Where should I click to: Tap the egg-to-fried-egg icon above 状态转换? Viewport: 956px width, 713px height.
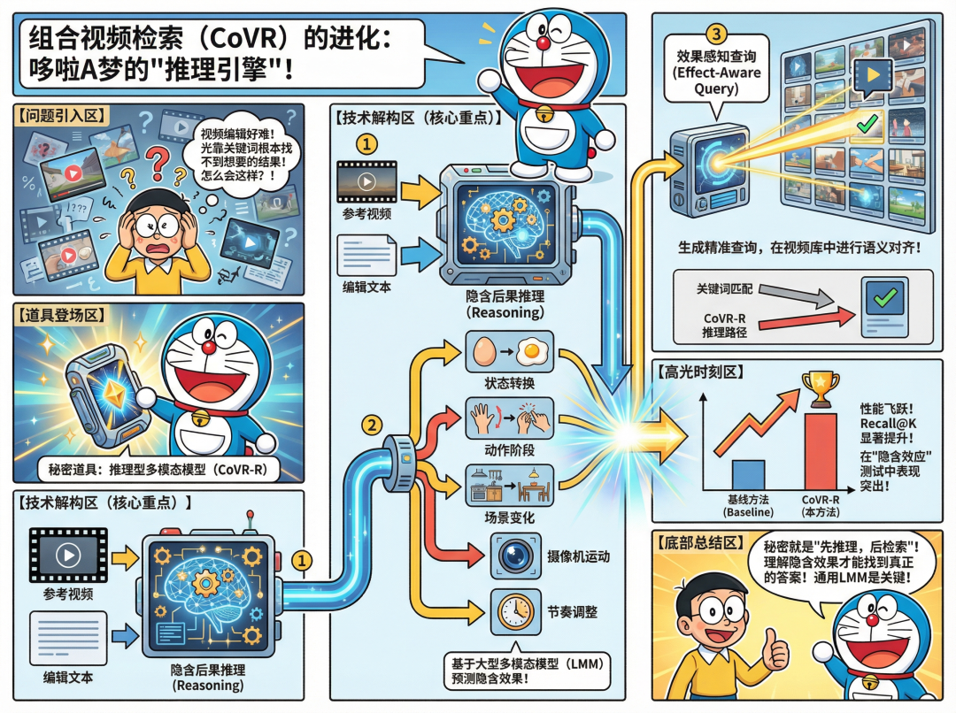pyautogui.click(x=509, y=352)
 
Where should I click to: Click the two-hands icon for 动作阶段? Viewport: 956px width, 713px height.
pyautogui.click(x=509, y=418)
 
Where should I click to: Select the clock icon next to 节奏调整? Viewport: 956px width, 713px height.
pyautogui.click(x=513, y=609)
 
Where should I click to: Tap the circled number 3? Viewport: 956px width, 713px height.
pyautogui.click(x=717, y=34)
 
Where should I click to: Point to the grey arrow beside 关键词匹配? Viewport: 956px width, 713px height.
pyautogui.click(x=787, y=293)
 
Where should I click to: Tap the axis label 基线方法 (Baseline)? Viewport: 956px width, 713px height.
pyautogui.click(x=749, y=505)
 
